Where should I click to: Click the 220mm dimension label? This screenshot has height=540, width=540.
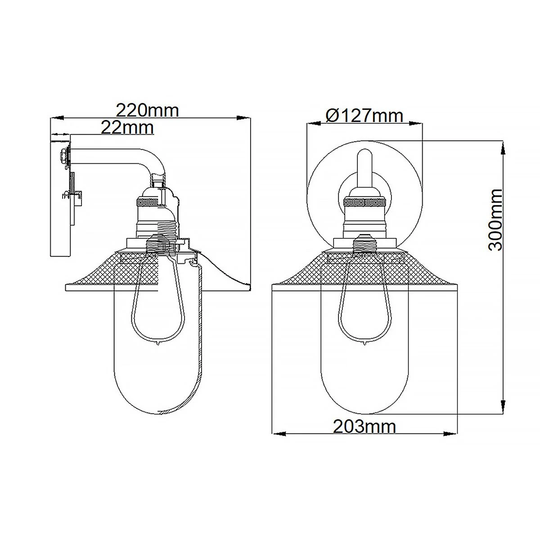[x=148, y=110]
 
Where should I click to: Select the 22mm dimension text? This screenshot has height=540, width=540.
[x=127, y=128]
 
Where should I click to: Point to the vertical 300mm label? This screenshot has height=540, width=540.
[x=495, y=220]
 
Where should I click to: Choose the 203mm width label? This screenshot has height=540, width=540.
[x=364, y=426]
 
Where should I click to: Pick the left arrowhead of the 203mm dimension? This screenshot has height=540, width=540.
[x=279, y=434]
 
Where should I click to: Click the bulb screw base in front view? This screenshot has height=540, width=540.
[x=364, y=245]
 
